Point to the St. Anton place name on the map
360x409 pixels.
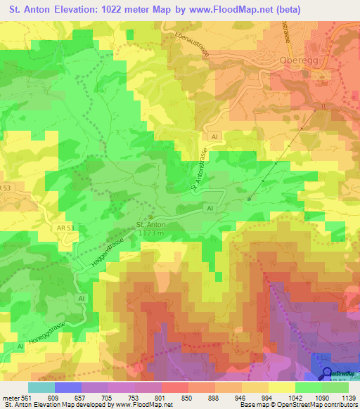click(x=150, y=225)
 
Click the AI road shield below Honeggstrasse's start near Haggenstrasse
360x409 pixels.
click(x=82, y=298)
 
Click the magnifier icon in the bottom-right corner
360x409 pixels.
click(x=328, y=374)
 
